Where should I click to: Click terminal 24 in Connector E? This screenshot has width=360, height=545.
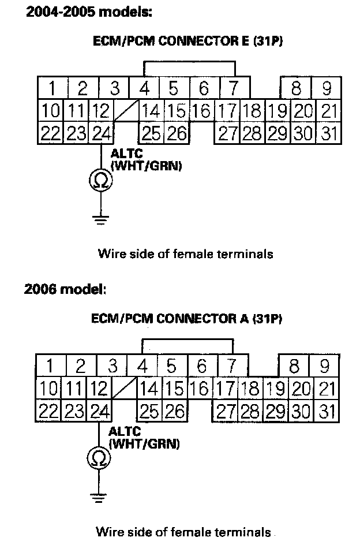(x=101, y=133)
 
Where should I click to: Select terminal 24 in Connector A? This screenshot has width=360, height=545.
(x=100, y=412)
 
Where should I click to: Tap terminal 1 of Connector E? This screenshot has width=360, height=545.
(x=52, y=88)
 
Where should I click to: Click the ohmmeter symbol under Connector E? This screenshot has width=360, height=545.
(x=101, y=181)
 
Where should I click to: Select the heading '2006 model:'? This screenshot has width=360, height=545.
(x=65, y=289)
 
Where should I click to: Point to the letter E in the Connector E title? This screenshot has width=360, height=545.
(x=237, y=42)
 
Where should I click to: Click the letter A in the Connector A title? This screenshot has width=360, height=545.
(x=236, y=318)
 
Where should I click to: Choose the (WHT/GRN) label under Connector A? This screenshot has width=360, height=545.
(x=144, y=444)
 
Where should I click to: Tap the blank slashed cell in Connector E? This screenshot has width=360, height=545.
(x=126, y=110)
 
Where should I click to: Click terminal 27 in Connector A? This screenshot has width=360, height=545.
(x=226, y=412)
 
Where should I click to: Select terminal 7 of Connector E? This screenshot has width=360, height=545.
(x=234, y=88)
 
